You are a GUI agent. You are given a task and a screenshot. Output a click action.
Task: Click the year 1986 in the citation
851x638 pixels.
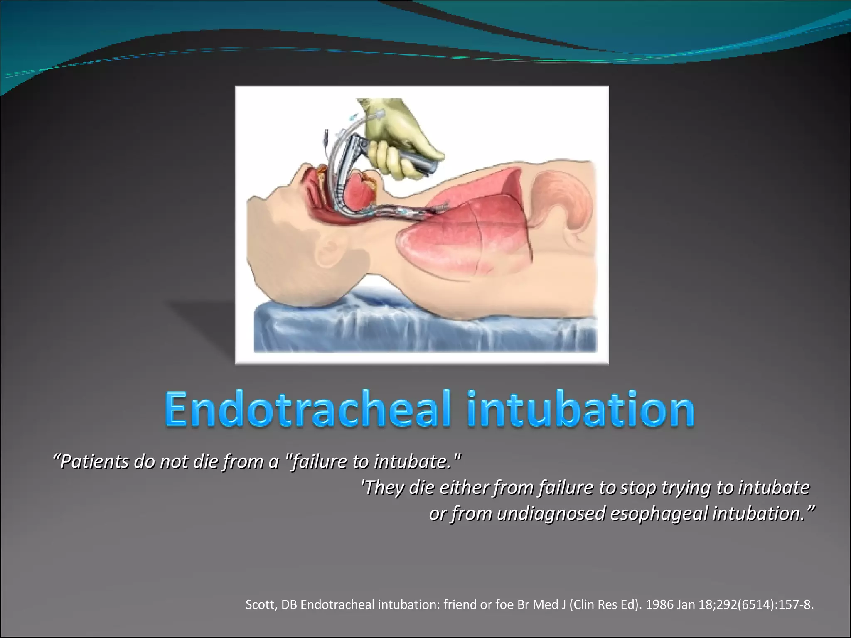[660, 604]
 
